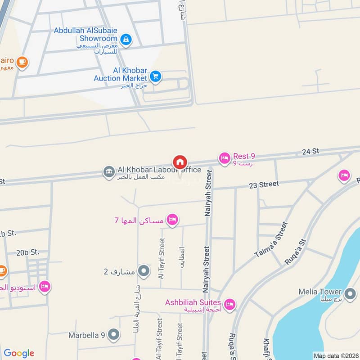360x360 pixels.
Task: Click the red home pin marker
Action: point(180,162)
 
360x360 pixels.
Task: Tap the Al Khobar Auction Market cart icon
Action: point(156,76)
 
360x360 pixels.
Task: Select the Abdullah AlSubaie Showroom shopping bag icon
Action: point(126,40)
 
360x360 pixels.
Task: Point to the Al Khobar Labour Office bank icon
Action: point(108,172)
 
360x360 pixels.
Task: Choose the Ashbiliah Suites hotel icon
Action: point(229,305)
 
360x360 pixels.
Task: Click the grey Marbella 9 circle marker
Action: point(114,334)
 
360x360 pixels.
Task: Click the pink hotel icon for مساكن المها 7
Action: point(171,220)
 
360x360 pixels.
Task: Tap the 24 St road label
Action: point(311,151)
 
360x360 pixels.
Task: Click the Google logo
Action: point(19,353)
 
